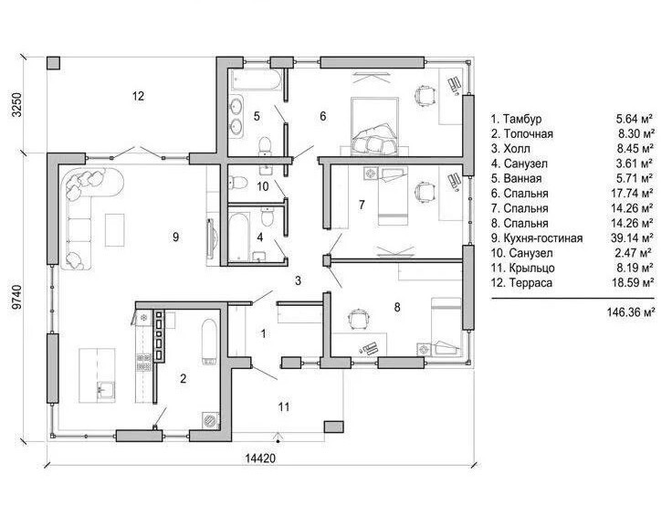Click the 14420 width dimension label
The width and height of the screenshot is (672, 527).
pyautogui.click(x=260, y=458)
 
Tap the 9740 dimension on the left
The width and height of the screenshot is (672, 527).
pyautogui.click(x=16, y=297)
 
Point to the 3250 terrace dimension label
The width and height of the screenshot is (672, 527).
pyautogui.click(x=16, y=105)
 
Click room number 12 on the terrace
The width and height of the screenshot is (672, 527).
pyautogui.click(x=138, y=96)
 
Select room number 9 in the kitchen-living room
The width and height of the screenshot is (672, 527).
pyautogui.click(x=175, y=237)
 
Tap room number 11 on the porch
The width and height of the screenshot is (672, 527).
pyautogui.click(x=284, y=406)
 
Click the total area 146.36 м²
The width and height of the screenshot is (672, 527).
pyautogui.click(x=630, y=312)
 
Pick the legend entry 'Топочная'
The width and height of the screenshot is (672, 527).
pyautogui.click(x=528, y=133)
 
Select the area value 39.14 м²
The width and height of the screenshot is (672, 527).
pyautogui.click(x=632, y=238)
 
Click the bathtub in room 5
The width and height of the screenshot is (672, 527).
pyautogui.click(x=256, y=79)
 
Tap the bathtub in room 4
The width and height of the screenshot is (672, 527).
pyautogui.click(x=238, y=237)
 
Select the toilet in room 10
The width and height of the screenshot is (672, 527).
pyautogui.click(x=239, y=183)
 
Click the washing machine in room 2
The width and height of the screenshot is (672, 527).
pyautogui.click(x=211, y=420)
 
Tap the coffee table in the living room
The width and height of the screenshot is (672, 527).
pyautogui.click(x=115, y=230)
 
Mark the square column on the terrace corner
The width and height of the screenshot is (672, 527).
pyautogui.click(x=53, y=63)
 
